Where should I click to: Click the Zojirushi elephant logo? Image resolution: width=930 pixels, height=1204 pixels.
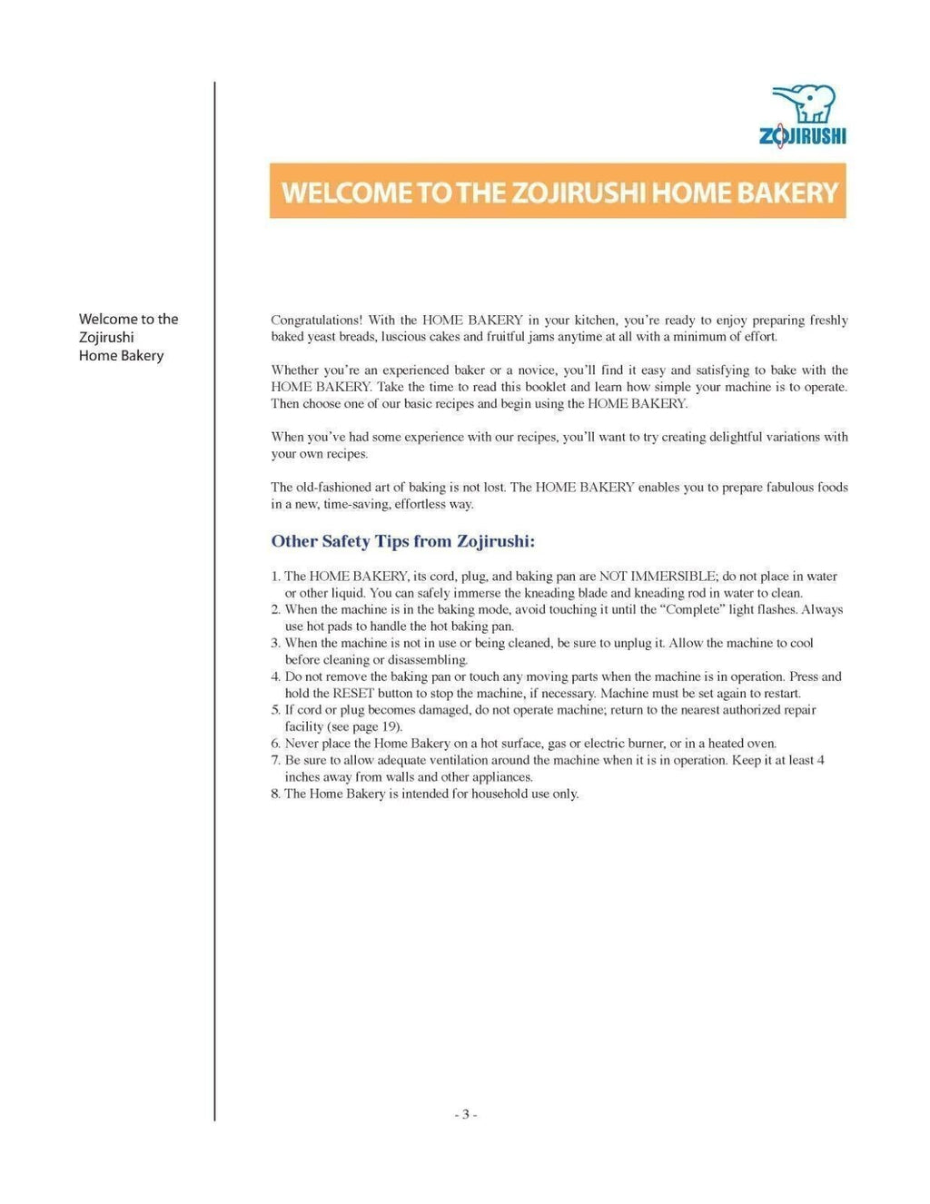803,104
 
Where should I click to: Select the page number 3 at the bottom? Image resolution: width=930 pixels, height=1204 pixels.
465,1115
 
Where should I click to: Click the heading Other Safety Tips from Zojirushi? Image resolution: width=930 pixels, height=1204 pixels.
402,542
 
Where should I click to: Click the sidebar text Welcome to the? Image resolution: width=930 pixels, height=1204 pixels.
128,320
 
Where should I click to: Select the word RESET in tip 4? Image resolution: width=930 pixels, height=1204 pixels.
353,694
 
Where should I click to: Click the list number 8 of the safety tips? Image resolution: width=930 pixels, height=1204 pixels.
275,794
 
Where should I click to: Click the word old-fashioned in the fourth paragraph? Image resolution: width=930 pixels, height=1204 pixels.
331,488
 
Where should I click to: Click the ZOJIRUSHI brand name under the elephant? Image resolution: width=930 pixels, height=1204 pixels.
803,136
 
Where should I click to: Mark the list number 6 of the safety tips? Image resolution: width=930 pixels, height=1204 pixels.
275,744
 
